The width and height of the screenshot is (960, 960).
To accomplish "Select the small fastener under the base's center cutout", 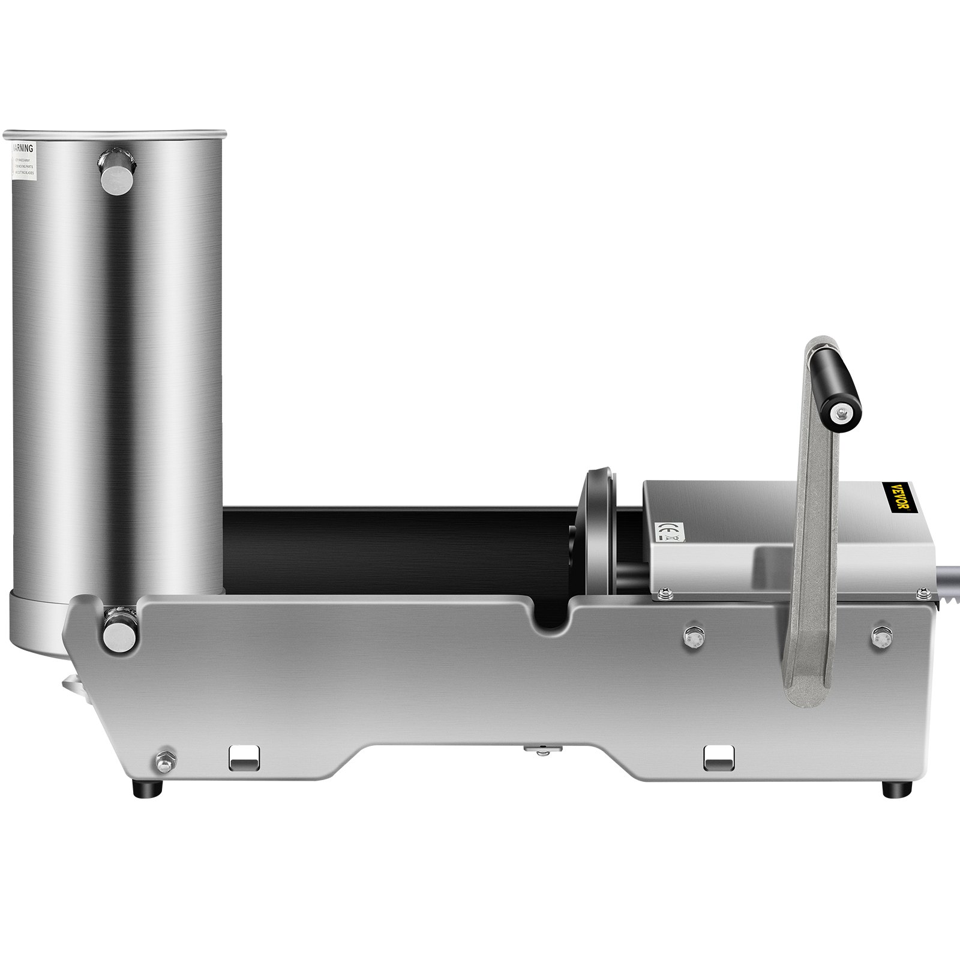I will coord(541,748).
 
